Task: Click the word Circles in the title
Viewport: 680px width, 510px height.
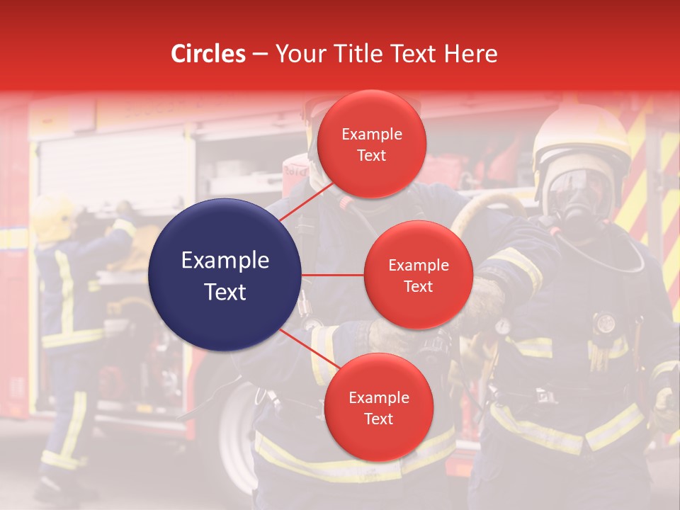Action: click(x=208, y=54)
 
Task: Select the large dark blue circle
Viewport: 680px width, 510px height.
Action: click(x=225, y=275)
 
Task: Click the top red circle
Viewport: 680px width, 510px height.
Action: click(x=372, y=144)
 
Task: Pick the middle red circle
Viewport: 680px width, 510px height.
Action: click(x=418, y=275)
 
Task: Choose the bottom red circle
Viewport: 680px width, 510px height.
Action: click(x=378, y=407)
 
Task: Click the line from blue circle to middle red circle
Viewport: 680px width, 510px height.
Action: click(x=333, y=275)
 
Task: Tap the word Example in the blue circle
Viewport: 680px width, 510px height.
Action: click(x=225, y=261)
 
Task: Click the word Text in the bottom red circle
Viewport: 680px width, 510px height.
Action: click(x=378, y=419)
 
